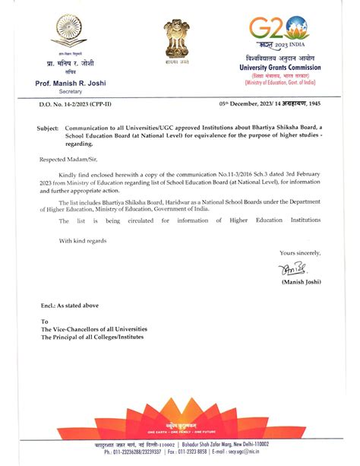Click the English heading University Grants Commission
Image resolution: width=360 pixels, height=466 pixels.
[287, 67]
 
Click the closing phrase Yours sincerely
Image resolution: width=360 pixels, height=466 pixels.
[299, 252]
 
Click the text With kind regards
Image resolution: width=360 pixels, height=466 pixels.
[88, 240]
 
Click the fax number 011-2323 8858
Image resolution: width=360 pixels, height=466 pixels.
[183, 452]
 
